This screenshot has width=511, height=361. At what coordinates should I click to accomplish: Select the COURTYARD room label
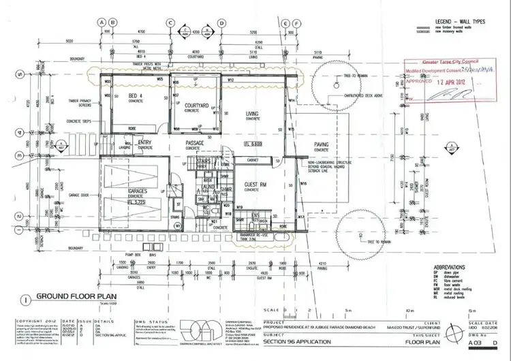tap(196, 106)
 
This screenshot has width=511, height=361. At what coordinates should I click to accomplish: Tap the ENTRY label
tap(145, 142)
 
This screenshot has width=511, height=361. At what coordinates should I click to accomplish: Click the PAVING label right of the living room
tap(321, 145)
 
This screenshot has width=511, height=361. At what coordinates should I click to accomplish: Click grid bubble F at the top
tap(298, 22)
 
